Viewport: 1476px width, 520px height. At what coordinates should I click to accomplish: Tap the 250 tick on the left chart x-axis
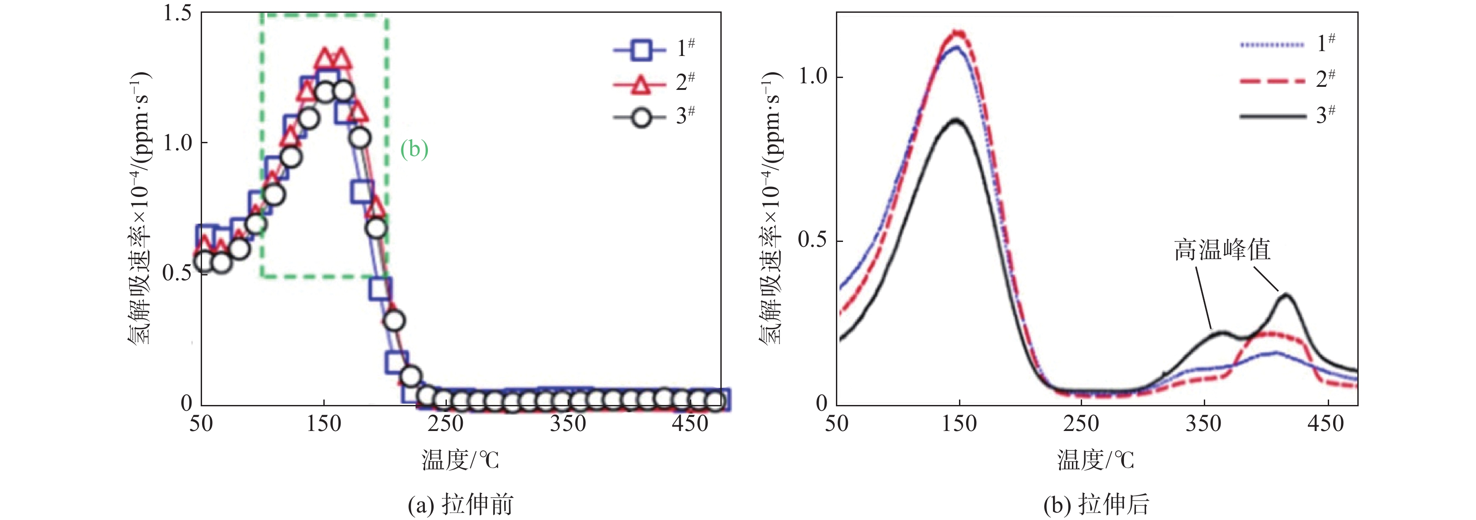tap(446, 424)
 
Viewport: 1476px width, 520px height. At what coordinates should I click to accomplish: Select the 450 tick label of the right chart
tap(1326, 424)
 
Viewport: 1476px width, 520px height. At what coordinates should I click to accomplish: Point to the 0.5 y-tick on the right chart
tap(813, 240)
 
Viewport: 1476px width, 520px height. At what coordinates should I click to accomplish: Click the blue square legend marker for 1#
tap(641, 50)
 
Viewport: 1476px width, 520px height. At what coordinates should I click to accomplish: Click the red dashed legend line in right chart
tap(1272, 81)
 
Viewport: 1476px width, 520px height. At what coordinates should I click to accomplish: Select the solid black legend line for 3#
tap(1272, 116)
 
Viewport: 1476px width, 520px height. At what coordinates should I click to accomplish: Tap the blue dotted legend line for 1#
tap(1272, 45)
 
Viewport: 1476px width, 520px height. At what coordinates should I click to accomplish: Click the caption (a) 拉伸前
tap(460, 505)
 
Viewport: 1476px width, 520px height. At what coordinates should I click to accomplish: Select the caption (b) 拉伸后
tap(1096, 505)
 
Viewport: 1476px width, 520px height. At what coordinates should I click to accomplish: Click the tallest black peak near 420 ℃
tap(1285, 296)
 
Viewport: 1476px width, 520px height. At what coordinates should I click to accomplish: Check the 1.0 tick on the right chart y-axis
tap(813, 76)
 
